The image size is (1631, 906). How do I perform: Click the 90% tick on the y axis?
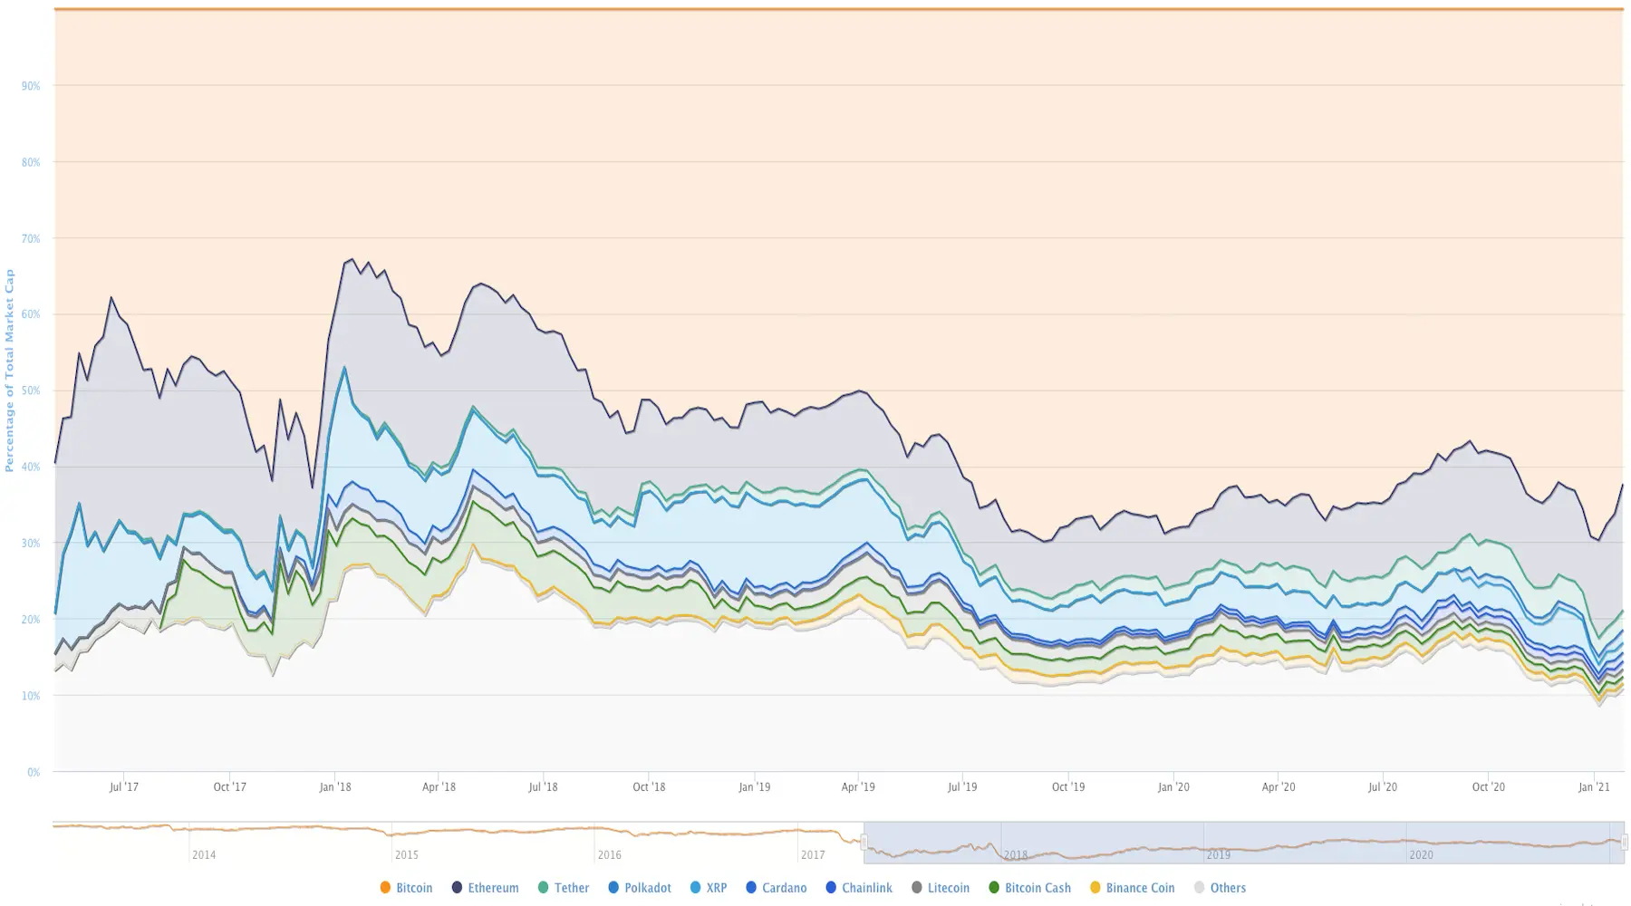click(31, 86)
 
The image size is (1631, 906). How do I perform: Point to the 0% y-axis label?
click(34, 773)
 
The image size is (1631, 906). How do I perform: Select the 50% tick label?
click(31, 391)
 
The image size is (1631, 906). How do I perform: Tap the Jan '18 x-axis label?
click(334, 787)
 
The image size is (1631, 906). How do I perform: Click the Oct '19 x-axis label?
click(1068, 787)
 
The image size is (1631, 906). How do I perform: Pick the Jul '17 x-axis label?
click(124, 787)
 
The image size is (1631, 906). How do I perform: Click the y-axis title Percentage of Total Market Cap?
click(10, 370)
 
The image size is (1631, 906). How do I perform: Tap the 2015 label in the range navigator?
click(407, 855)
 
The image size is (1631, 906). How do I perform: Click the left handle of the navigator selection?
click(864, 843)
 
